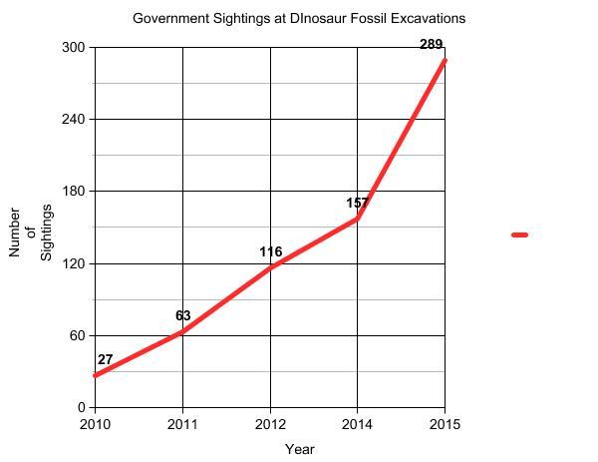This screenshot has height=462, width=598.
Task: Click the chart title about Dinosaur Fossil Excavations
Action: tap(299, 18)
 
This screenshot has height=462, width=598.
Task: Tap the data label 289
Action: tap(432, 45)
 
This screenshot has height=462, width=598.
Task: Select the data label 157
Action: tap(357, 204)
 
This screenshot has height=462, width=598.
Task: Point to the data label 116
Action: tap(270, 252)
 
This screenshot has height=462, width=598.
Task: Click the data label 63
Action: tap(182, 316)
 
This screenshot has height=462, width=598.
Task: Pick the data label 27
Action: tap(105, 360)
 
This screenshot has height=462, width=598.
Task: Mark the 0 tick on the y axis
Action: tap(83, 407)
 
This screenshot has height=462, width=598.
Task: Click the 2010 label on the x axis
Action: tap(95, 424)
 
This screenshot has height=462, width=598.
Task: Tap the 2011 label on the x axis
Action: tap(182, 424)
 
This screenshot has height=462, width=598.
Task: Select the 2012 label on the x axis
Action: tap(270, 424)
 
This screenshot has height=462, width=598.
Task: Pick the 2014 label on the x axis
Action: tap(357, 424)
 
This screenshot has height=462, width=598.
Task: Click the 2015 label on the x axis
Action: tap(445, 424)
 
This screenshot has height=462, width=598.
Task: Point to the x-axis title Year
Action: tap(299, 449)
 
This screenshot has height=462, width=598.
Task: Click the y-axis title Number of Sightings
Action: tap(31, 233)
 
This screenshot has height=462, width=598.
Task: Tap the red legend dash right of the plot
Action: tap(519, 235)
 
